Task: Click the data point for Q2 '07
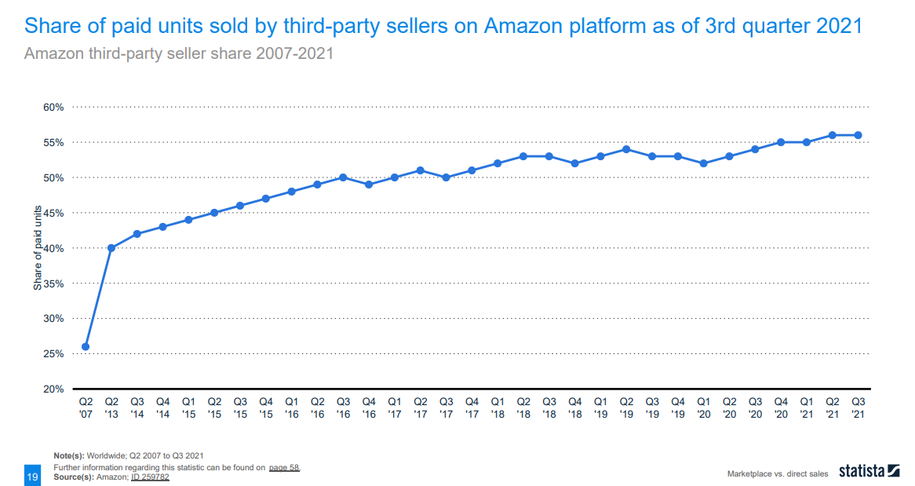(x=86, y=346)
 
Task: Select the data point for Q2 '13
(x=111, y=248)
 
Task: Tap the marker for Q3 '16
(x=343, y=177)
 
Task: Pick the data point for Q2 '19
(x=626, y=149)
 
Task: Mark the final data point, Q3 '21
(x=858, y=135)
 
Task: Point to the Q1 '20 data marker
(x=703, y=163)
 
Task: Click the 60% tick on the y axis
(x=53, y=107)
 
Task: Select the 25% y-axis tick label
(x=53, y=354)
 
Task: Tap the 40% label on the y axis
(x=53, y=248)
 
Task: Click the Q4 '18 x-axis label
(x=574, y=407)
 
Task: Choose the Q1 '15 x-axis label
(x=188, y=407)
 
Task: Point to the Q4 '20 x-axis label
(x=781, y=407)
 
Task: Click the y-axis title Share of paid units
(x=38, y=248)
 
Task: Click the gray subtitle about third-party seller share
(x=179, y=54)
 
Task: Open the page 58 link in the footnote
(x=284, y=467)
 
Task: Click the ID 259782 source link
(x=150, y=476)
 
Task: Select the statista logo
(x=869, y=472)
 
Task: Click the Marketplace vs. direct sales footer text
(x=778, y=474)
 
